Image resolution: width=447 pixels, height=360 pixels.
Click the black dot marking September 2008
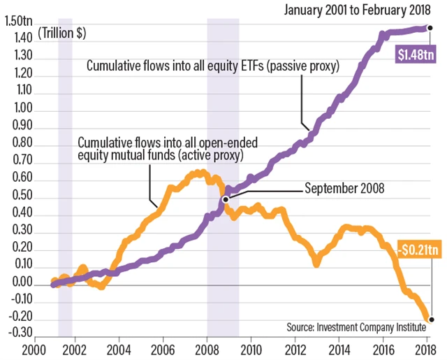pyautogui.click(x=226, y=199)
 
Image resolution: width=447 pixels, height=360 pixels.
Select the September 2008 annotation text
pyautogui.click(x=344, y=189)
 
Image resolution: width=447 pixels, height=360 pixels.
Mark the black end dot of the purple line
pyautogui.click(x=430, y=28)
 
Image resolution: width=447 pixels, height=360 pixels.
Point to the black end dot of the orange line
pyautogui.click(x=431, y=319)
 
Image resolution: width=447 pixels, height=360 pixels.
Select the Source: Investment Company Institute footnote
pyautogui.click(x=360, y=326)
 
